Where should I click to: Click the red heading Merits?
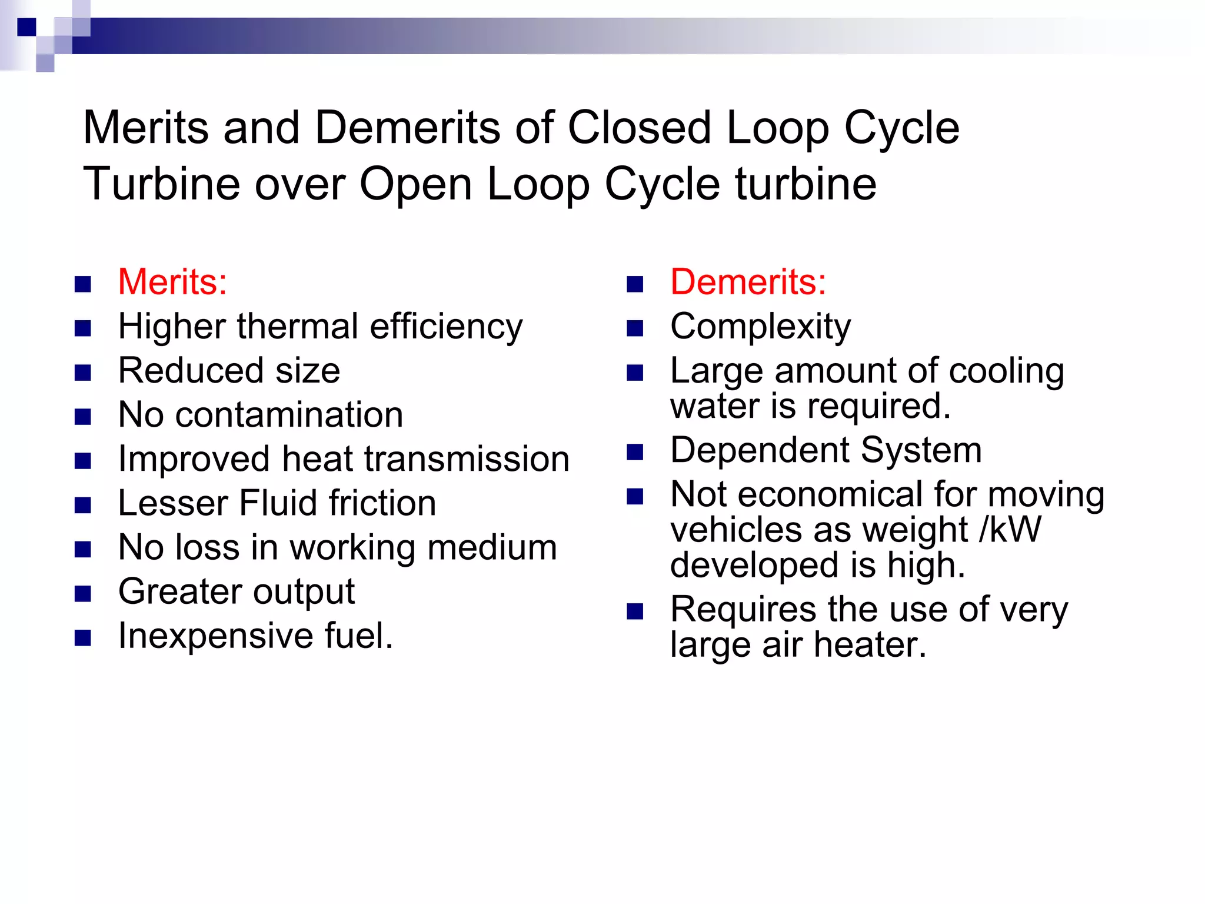(172, 282)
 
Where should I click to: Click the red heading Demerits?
(748, 282)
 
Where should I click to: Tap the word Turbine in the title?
(161, 184)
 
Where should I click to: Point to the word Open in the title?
(415, 185)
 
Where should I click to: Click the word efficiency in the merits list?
(446, 327)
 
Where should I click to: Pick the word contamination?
(289, 415)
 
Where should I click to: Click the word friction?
(382, 504)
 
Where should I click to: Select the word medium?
(492, 547)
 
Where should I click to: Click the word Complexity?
(760, 327)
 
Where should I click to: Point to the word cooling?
(1006, 371)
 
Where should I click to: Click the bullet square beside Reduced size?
(83, 373)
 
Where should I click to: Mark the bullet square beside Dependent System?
(635, 452)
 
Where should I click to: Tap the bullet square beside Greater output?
(83, 593)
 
